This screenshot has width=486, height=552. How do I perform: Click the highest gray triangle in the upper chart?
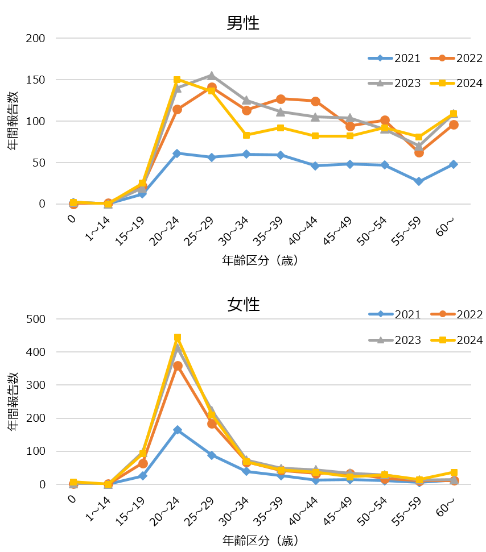pyautogui.click(x=212, y=75)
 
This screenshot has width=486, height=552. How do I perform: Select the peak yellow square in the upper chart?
pyautogui.click(x=177, y=80)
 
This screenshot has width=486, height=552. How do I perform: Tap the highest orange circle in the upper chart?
pyautogui.click(x=212, y=88)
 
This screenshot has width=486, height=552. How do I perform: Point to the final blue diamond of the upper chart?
pyautogui.click(x=454, y=164)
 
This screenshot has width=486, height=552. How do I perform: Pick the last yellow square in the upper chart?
pyautogui.click(x=454, y=114)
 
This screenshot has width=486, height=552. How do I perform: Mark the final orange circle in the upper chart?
pyautogui.click(x=454, y=125)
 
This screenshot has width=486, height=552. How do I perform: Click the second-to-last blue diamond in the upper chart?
pyautogui.click(x=419, y=181)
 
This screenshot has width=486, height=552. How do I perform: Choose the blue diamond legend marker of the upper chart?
pyautogui.click(x=380, y=58)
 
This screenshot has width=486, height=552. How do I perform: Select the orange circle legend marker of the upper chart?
pyautogui.click(x=442, y=58)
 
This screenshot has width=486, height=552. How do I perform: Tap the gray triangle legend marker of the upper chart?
pyautogui.click(x=380, y=83)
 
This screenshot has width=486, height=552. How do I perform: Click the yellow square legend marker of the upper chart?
pyautogui.click(x=442, y=83)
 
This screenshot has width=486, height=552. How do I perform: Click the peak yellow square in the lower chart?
pyautogui.click(x=178, y=338)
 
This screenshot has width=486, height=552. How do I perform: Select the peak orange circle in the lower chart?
pyautogui.click(x=178, y=366)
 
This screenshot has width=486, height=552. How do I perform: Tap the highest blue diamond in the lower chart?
pyautogui.click(x=178, y=430)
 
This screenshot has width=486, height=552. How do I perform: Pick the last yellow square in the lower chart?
pyautogui.click(x=454, y=472)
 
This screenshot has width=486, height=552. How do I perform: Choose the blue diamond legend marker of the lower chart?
pyautogui.click(x=381, y=314)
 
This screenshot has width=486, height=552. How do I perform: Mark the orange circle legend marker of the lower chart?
pyautogui.click(x=443, y=314)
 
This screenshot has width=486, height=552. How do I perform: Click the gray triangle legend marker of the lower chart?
pyautogui.click(x=381, y=340)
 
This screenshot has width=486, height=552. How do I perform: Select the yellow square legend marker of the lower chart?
pyautogui.click(x=443, y=340)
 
